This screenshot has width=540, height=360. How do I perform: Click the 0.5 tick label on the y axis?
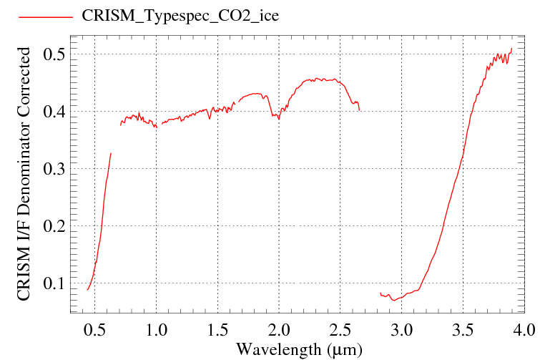[54, 54]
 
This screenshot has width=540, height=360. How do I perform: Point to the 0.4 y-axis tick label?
[54, 111]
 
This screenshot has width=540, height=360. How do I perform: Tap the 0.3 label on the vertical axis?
[54, 169]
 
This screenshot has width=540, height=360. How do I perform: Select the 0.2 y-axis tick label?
[54, 226]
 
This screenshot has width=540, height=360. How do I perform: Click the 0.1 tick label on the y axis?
[54, 283]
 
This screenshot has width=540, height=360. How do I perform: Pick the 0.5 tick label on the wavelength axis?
[94, 330]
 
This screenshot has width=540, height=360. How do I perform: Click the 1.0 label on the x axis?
[156, 330]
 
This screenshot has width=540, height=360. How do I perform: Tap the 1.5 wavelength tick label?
[217, 330]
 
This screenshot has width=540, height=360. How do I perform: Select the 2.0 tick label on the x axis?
[279, 330]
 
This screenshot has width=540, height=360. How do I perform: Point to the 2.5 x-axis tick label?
[340, 330]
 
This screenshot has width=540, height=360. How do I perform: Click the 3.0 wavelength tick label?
[401, 330]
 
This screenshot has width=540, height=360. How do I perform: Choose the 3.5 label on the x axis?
[463, 330]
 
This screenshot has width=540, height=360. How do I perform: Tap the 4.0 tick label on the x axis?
[524, 330]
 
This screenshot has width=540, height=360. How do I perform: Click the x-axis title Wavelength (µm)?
[299, 349]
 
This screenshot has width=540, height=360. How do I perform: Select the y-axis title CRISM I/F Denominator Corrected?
[24, 174]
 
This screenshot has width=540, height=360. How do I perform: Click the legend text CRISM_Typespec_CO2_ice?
[180, 16]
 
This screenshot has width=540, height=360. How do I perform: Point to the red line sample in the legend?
[46, 16]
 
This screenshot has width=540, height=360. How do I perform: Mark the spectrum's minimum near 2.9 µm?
[394, 301]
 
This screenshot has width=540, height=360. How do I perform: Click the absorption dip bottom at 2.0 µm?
[279, 119]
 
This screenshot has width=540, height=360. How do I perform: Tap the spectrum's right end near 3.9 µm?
[512, 49]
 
